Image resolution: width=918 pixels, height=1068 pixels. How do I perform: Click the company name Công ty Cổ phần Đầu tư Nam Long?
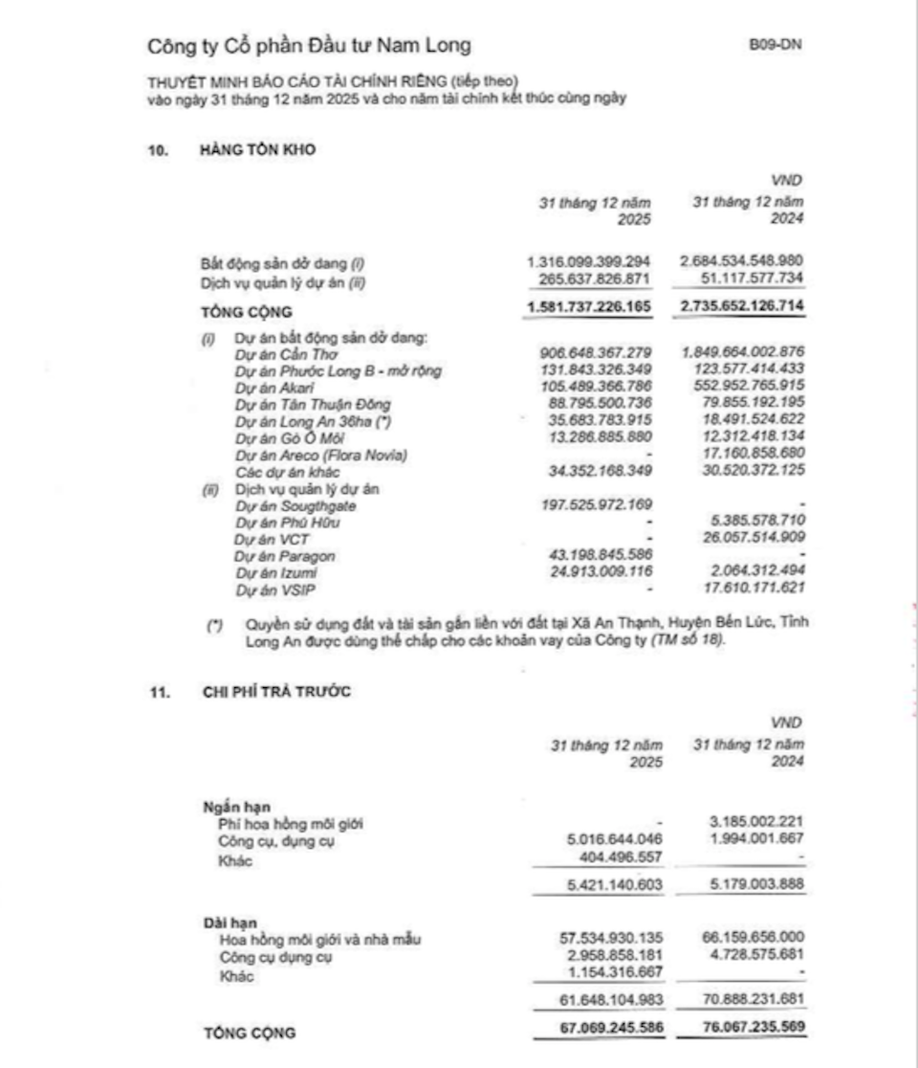point(309,46)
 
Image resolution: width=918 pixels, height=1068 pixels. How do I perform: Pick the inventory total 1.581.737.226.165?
point(588,308)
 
